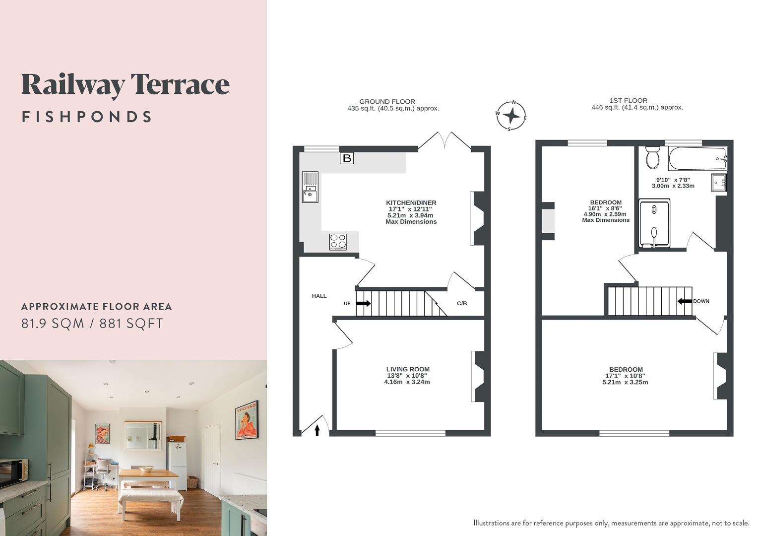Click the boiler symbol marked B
(x=347, y=158)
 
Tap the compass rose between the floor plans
(x=511, y=116)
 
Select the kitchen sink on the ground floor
(x=310, y=187)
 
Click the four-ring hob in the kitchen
(x=338, y=241)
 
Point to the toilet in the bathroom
(x=652, y=157)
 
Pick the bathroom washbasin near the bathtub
(x=719, y=182)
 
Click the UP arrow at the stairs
(x=363, y=303)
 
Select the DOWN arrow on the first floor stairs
(x=685, y=301)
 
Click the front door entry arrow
(x=317, y=430)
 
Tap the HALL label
(x=319, y=296)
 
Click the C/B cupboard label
(x=462, y=303)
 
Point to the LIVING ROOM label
(x=408, y=369)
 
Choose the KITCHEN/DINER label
(x=411, y=203)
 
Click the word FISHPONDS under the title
(x=87, y=117)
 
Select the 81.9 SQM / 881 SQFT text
(x=92, y=324)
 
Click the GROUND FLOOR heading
(x=387, y=101)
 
